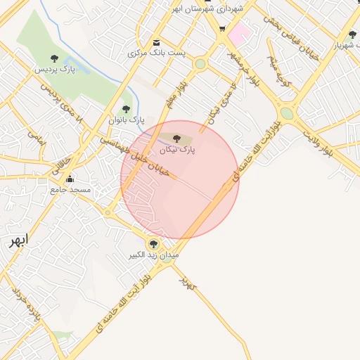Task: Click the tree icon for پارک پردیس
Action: click(55, 58)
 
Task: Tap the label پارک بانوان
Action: click(126, 120)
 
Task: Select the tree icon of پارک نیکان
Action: click(176, 139)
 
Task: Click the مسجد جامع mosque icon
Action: click(70, 179)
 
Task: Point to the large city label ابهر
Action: click(15, 242)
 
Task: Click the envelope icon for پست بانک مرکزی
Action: click(156, 42)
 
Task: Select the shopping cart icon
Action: click(222, 29)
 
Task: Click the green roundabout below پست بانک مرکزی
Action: click(200, 64)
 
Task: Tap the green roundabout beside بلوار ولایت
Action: click(287, 113)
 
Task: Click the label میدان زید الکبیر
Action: click(153, 255)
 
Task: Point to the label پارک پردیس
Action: click(54, 70)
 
